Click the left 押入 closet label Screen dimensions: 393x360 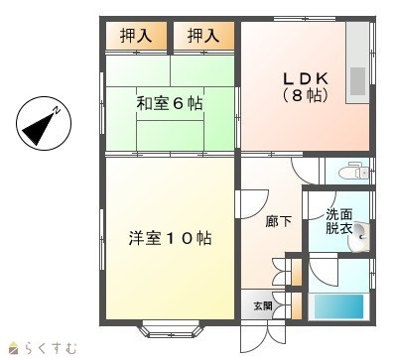[136, 36]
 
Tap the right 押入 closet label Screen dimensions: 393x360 [203, 36]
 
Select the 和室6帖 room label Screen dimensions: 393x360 [170, 103]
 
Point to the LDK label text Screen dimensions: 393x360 [306, 79]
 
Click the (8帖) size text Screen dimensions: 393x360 [306, 95]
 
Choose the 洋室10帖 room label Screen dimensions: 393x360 [170, 238]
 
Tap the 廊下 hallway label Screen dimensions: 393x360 [279, 221]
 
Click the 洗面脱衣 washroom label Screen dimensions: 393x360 [339, 221]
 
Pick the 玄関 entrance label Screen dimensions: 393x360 [263, 305]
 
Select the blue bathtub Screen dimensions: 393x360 [338, 306]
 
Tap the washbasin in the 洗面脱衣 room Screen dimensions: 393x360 [360, 237]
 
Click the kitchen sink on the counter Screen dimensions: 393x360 [358, 80]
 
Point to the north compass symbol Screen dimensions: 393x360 [44, 123]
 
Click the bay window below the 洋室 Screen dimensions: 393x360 [170, 328]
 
